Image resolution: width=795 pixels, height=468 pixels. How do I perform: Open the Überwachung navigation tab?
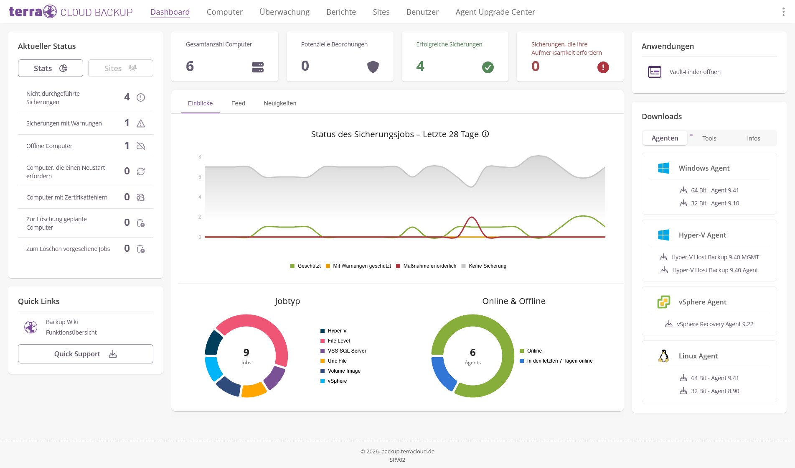coord(284,12)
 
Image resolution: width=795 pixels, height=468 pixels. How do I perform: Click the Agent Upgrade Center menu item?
coord(495,12)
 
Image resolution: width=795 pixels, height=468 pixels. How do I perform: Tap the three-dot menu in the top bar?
coord(783,12)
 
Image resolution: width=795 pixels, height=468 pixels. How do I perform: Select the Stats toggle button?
coord(51,68)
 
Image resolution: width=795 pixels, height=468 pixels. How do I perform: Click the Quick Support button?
coord(86,354)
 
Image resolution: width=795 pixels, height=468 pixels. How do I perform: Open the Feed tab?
coord(238,103)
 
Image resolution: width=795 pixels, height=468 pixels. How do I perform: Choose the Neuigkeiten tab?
coord(280,103)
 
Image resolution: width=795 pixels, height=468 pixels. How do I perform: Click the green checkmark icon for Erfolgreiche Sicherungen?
coord(488,67)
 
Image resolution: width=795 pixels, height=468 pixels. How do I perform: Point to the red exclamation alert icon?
coord(603,67)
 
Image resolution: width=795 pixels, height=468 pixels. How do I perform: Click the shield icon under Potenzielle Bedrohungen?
coord(373,67)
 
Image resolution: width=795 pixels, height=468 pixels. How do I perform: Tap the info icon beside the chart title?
coord(485,134)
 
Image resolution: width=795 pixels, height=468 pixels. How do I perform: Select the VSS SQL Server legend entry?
coord(343,351)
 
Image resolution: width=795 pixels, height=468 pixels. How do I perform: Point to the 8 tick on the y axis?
coord(200,157)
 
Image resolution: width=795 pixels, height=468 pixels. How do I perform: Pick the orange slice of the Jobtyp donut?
coord(254,390)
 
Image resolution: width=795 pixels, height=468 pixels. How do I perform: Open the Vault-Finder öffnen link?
coord(695,72)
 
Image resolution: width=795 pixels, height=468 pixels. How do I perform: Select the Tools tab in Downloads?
coord(709,138)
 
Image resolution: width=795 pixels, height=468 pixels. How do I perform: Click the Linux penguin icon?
coord(663,356)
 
